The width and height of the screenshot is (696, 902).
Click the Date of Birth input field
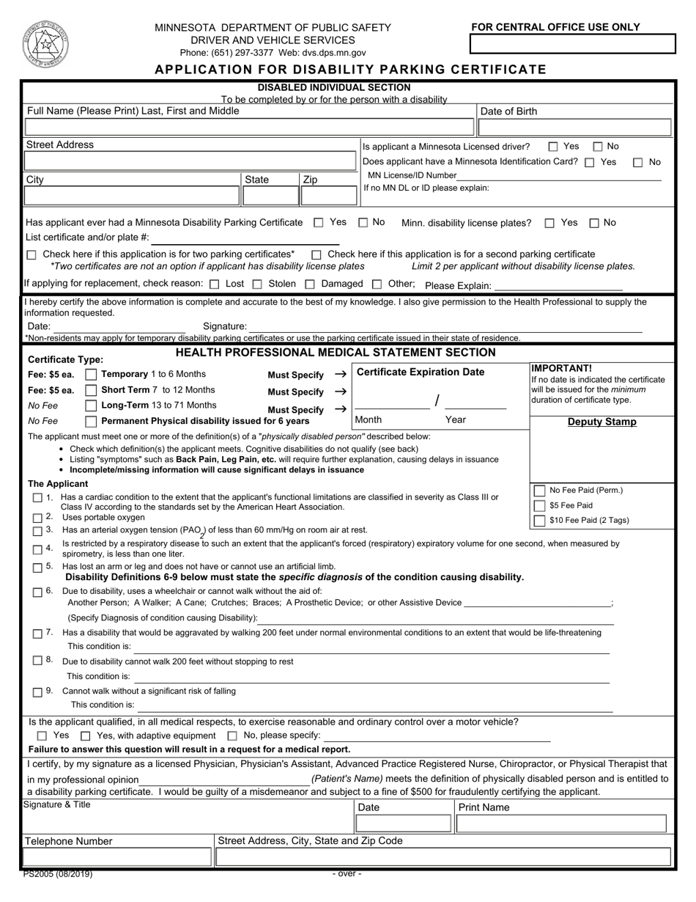pyautogui.click(x=574, y=128)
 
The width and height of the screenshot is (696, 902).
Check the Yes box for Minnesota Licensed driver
pyautogui.click(x=553, y=147)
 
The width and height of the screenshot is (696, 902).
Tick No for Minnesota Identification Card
pyautogui.click(x=638, y=162)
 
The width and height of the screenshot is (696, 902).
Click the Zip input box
pyautogui.click(x=328, y=195)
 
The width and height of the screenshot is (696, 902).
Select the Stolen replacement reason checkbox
pyautogui.click(x=257, y=284)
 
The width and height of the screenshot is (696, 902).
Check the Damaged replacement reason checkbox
pyautogui.click(x=310, y=284)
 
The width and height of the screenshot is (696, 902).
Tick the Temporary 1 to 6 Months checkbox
pyautogui.click(x=91, y=375)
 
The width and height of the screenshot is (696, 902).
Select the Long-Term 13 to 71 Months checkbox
pyautogui.click(x=91, y=406)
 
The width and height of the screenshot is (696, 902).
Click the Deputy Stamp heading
pyautogui.click(x=602, y=422)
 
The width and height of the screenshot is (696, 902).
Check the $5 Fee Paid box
pyautogui.click(x=540, y=505)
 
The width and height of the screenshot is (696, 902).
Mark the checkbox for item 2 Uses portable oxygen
pyautogui.click(x=37, y=518)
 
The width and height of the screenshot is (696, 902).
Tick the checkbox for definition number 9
pyautogui.click(x=37, y=692)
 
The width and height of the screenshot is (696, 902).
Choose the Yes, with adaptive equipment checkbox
pyautogui.click(x=86, y=736)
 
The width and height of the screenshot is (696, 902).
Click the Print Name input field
pyautogui.click(x=560, y=824)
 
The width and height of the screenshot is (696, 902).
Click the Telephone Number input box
pyautogui.click(x=117, y=857)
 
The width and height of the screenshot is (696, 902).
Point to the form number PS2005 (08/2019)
pyautogui.click(x=58, y=874)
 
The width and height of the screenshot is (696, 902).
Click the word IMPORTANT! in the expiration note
pyautogui.click(x=561, y=369)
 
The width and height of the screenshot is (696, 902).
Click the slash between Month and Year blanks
pyautogui.click(x=437, y=400)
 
